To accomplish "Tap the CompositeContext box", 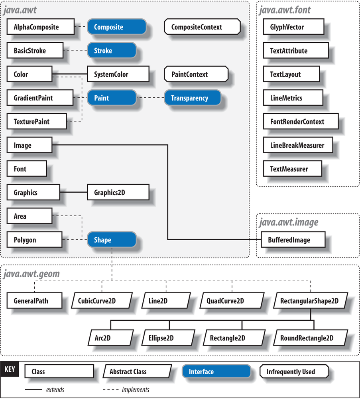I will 202,27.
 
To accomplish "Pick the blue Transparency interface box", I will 192,98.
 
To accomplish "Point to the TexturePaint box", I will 37,121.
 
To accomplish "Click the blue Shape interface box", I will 112,240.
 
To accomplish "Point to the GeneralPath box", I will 34,300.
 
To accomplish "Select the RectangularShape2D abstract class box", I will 309,300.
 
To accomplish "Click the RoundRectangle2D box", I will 309,338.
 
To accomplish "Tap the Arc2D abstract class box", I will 110,338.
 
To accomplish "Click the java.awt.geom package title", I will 31,274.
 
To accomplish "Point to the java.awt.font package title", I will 285,10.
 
